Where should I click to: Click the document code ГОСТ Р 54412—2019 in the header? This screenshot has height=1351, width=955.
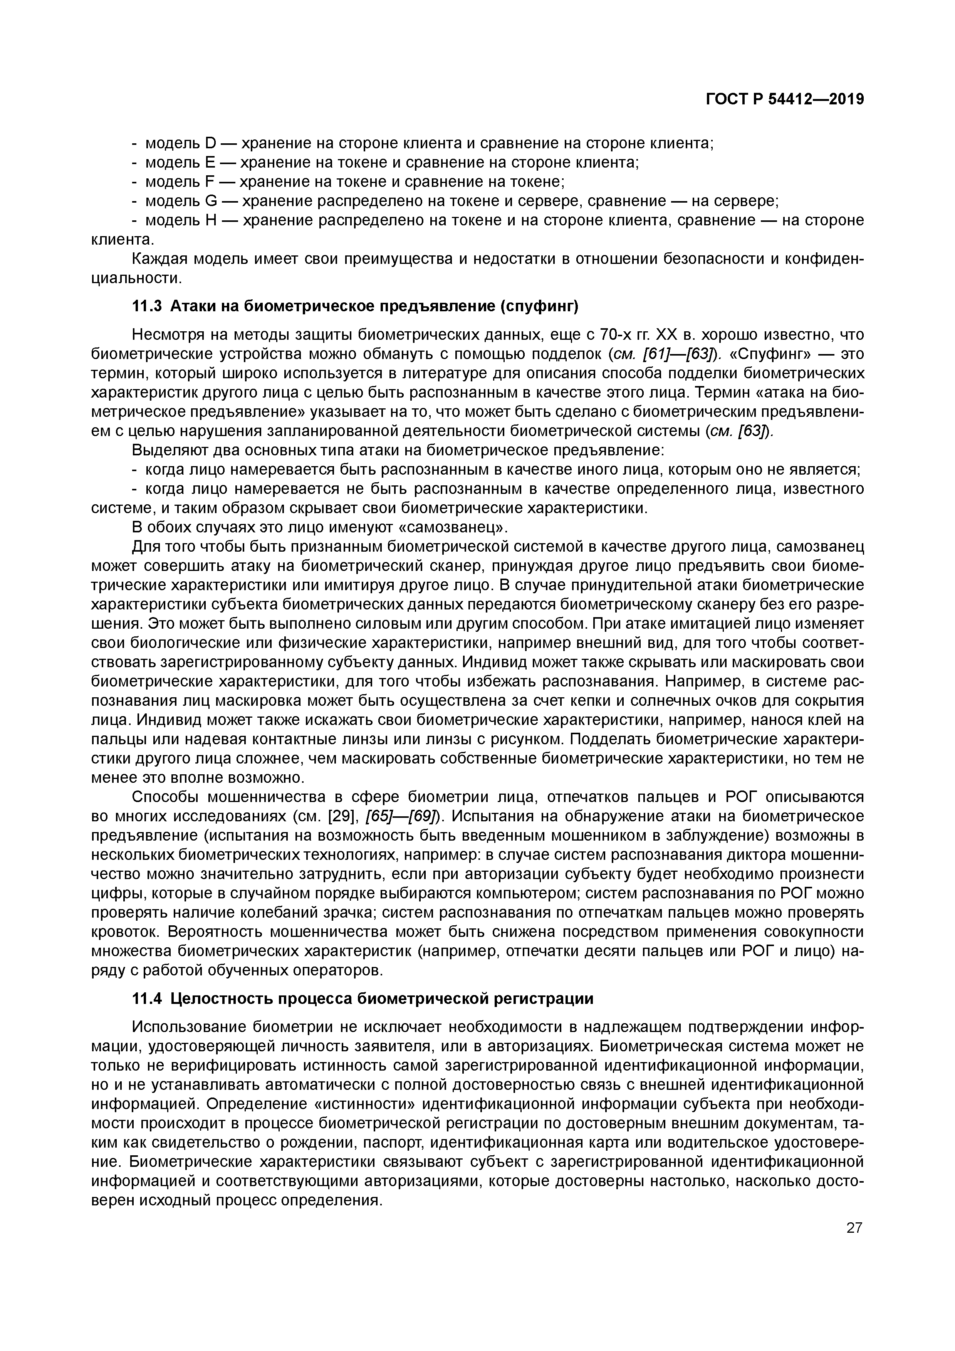[784, 99]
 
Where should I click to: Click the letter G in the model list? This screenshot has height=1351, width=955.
[211, 201]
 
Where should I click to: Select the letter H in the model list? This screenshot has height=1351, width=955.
[211, 221]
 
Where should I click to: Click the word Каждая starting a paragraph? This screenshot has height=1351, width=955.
[159, 259]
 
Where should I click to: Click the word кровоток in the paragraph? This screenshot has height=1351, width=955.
[126, 931]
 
